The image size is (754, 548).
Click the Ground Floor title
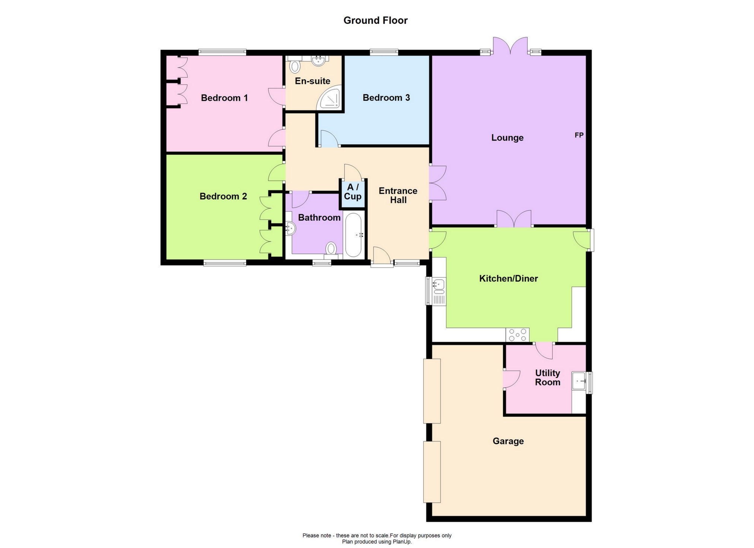coord(375,20)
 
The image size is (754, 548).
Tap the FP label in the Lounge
coord(579,135)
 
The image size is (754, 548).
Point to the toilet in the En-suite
coord(295,67)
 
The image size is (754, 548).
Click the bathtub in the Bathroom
coord(353,235)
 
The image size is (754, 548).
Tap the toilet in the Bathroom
coord(331,249)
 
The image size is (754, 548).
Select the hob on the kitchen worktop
coord(517,335)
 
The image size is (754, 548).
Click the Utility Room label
coord(547,378)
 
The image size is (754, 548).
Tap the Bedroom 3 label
coord(386,98)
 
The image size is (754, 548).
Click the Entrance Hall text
coord(398,195)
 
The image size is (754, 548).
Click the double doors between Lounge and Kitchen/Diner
coord(514,219)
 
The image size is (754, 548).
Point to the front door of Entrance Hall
coord(382,257)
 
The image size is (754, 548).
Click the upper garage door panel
coord(432,391)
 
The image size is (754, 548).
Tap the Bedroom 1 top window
coord(222,52)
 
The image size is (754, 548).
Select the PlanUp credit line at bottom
coord(377,542)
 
